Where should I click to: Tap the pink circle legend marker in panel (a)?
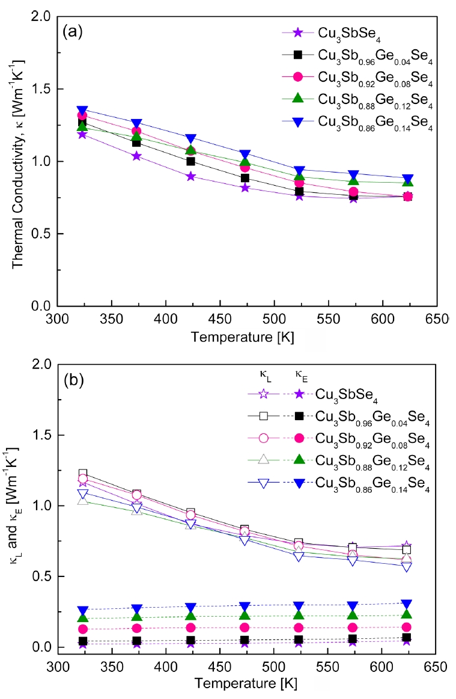pos(296,76)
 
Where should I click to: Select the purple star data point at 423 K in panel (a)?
pos(190,177)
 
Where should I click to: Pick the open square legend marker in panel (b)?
pos(263,415)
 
